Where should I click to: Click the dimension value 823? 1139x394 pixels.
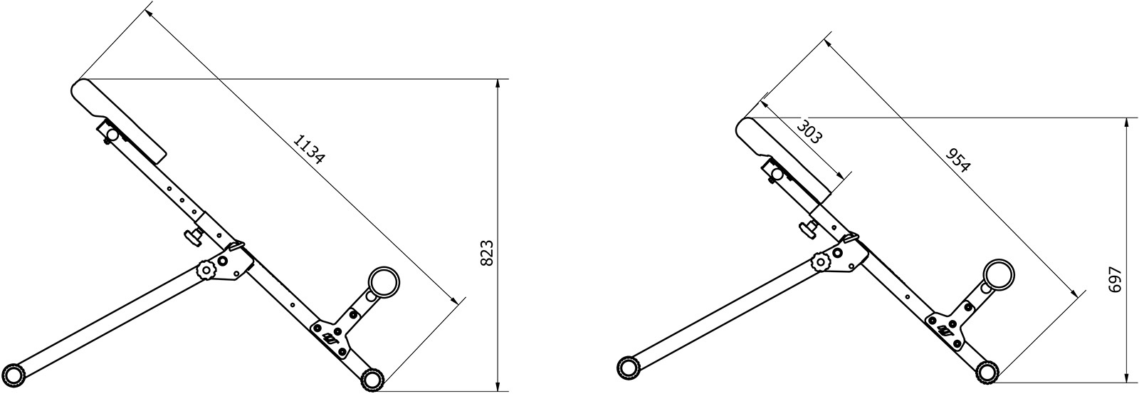pos(487,253)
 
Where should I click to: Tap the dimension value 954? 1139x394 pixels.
pos(957,160)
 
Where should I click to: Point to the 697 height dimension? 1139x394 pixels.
pos(1115,279)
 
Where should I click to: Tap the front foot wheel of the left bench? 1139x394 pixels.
pos(371,378)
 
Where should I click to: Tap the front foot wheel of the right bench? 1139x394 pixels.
pos(987,370)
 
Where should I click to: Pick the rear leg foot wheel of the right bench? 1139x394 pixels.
pos(627,366)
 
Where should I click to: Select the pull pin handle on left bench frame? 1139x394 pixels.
pos(192,236)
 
